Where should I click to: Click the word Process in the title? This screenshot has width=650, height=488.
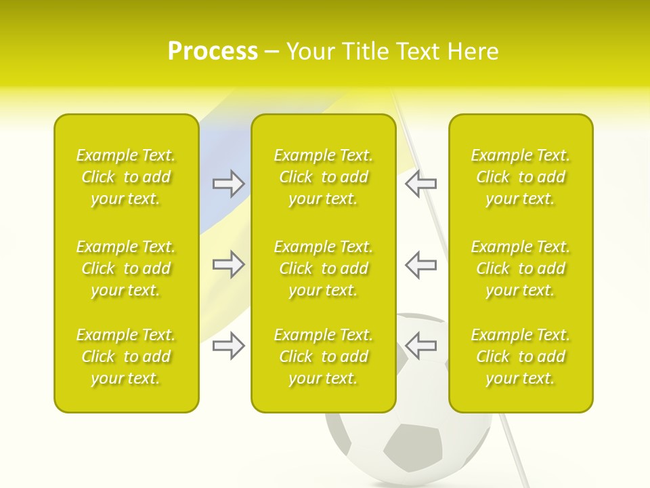213,52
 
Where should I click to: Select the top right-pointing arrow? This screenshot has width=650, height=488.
228,183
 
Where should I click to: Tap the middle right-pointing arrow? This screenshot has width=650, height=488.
228,264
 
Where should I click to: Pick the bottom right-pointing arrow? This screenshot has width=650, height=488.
228,346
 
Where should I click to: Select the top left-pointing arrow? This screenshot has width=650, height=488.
420,183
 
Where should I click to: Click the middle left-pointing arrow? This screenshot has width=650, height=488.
420,264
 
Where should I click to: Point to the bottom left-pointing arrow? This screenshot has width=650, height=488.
420,346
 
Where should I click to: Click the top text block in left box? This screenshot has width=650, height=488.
126,177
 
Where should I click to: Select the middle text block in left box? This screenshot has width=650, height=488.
126,268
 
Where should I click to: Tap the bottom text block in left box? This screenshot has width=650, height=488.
126,357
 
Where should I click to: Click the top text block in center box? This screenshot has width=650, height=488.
324,177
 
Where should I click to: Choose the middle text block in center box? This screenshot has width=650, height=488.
324,268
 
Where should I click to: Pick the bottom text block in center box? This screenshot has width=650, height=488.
324,357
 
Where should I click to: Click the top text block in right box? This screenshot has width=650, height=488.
521,177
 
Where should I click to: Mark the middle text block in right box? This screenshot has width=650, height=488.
521,268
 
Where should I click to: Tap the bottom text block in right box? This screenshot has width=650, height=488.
521,357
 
